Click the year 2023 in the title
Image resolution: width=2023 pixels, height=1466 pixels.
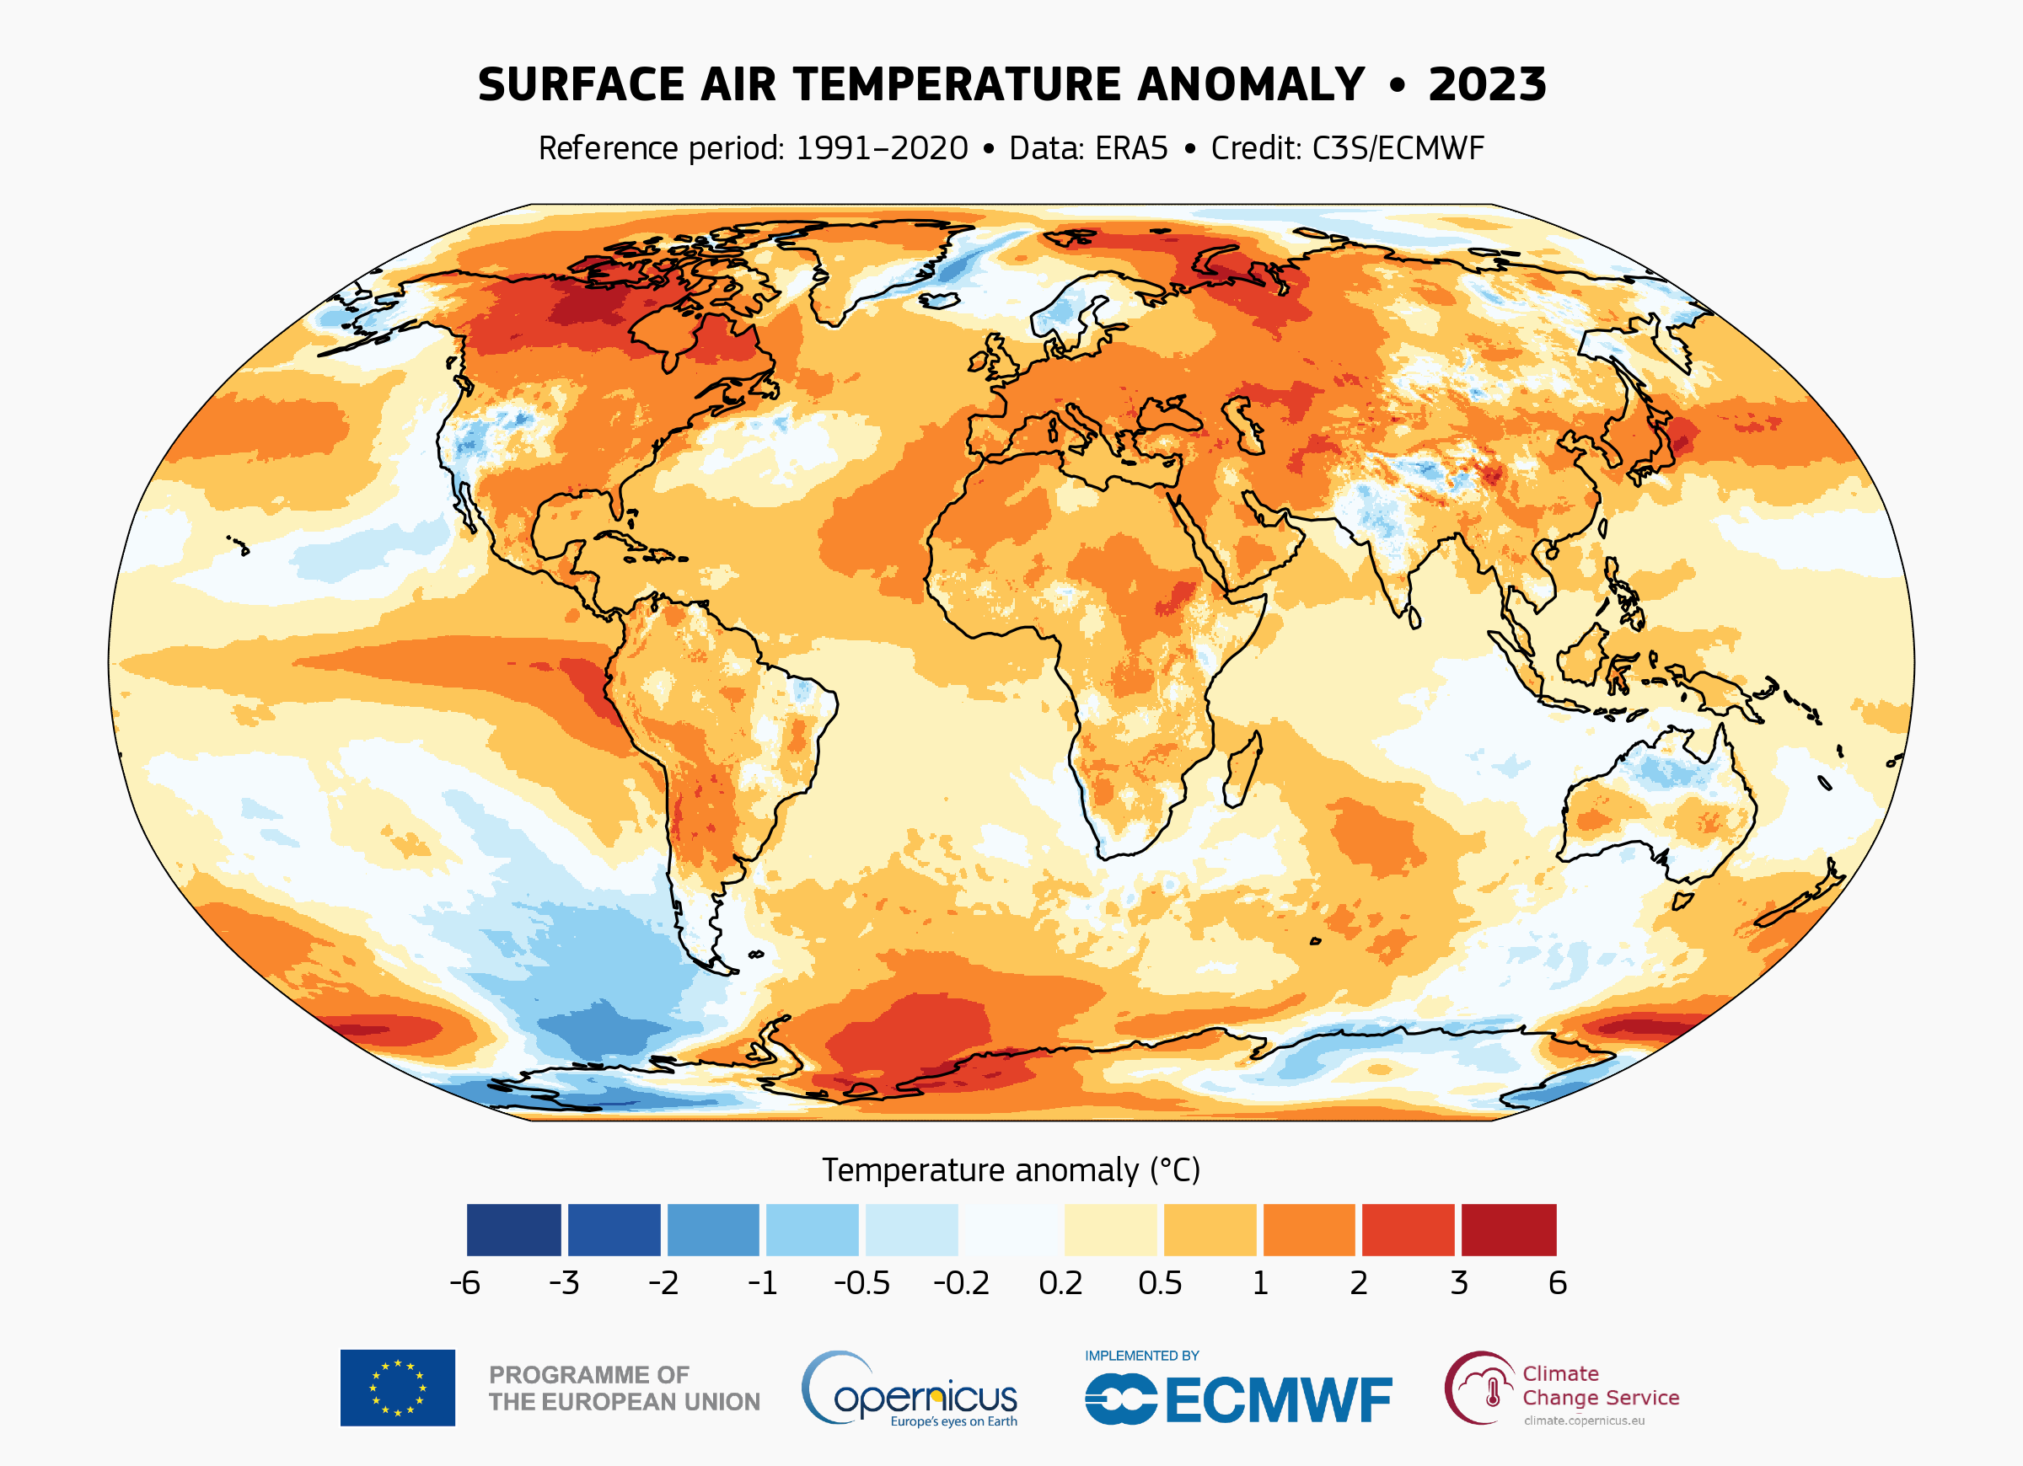1487,86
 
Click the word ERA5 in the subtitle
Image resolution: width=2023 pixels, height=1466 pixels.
1131,148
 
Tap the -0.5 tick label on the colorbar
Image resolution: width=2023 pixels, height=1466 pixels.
861,1283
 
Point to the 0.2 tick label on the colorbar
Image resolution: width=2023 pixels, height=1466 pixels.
1060,1283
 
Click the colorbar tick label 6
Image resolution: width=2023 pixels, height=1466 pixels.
1558,1283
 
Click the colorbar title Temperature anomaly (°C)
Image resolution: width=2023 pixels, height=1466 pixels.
1011,1170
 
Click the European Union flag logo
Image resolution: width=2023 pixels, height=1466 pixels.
397,1388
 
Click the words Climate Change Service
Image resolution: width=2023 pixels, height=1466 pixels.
1599,1386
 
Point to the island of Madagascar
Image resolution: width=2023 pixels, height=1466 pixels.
1242,768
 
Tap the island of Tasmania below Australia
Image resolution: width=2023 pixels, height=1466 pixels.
1682,901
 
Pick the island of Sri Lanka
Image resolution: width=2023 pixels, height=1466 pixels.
1414,617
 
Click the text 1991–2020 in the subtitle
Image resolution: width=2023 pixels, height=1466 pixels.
882,148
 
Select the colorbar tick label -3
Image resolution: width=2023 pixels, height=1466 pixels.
564,1283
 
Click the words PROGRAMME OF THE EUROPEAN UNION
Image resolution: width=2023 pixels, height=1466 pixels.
624,1388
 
